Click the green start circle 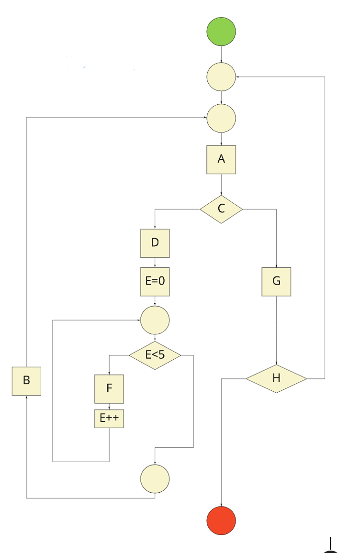pyautogui.click(x=221, y=32)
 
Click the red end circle pyautogui.click(x=221, y=520)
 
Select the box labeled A pyautogui.click(x=221, y=159)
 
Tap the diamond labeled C pyautogui.click(x=221, y=209)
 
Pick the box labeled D pyautogui.click(x=155, y=243)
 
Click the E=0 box pyautogui.click(x=155, y=281)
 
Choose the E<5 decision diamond pyautogui.click(x=155, y=355)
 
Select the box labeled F pyautogui.click(x=109, y=389)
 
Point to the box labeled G pyautogui.click(x=276, y=281)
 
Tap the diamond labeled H pyautogui.click(x=276, y=378)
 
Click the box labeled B pyautogui.click(x=26, y=381)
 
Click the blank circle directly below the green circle pyautogui.click(x=221, y=76)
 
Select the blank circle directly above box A pyautogui.click(x=221, y=118)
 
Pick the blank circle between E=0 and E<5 pyautogui.click(x=155, y=320)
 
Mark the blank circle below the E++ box pyautogui.click(x=155, y=478)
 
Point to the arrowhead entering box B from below pyautogui.click(x=26, y=398)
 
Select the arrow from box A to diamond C pyautogui.click(x=221, y=184)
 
